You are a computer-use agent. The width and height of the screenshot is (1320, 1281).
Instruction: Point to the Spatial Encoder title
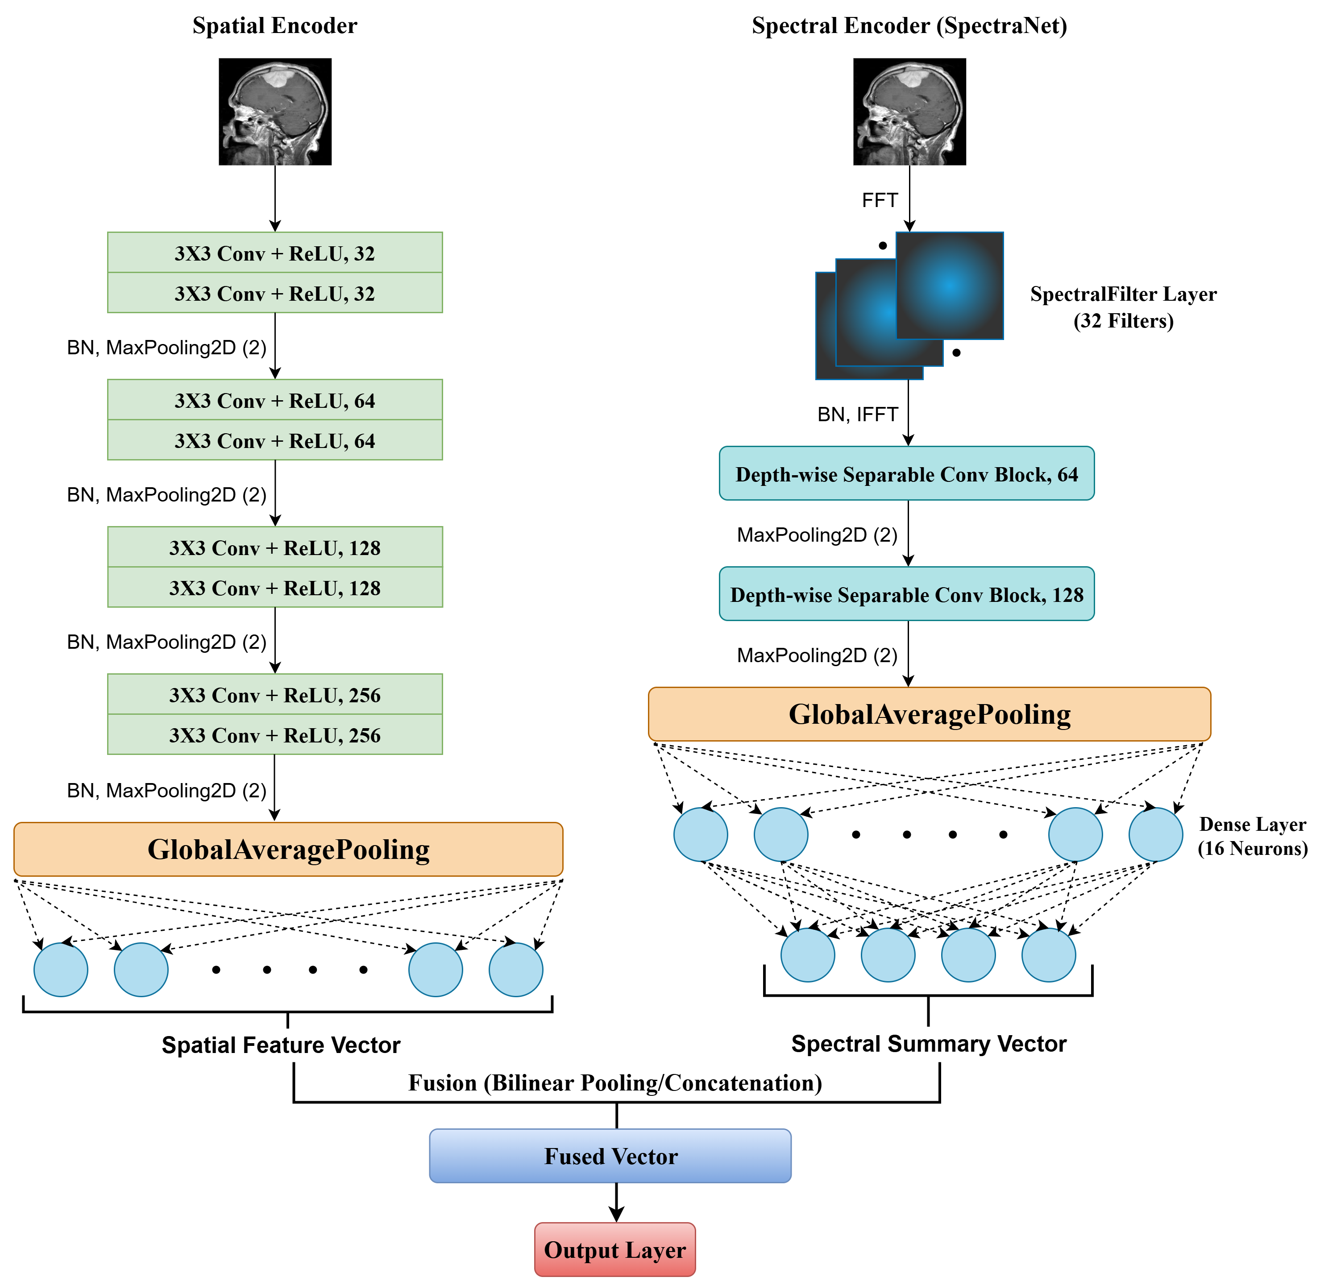coord(275,25)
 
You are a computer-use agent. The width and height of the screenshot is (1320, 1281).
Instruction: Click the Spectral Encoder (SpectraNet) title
coord(909,25)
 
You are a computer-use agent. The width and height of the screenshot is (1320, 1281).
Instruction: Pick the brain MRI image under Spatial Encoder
coord(275,111)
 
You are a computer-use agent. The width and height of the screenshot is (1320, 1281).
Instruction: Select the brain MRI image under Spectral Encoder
coord(909,111)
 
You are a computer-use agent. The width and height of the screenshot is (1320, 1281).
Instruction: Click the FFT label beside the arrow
coord(880,200)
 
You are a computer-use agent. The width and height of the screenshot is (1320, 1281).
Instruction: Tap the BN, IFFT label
coord(857,414)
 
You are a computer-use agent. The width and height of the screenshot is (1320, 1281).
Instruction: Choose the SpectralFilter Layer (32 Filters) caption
coord(1123,307)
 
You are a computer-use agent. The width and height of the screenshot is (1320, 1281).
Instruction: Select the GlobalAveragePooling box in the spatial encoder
coord(288,849)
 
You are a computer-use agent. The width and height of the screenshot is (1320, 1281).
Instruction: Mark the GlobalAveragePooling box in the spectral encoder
coord(930,714)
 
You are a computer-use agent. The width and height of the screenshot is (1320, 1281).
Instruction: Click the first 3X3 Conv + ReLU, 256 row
coord(275,694)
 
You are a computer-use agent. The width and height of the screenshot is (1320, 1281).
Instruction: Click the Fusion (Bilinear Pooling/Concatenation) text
coord(615,1082)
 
